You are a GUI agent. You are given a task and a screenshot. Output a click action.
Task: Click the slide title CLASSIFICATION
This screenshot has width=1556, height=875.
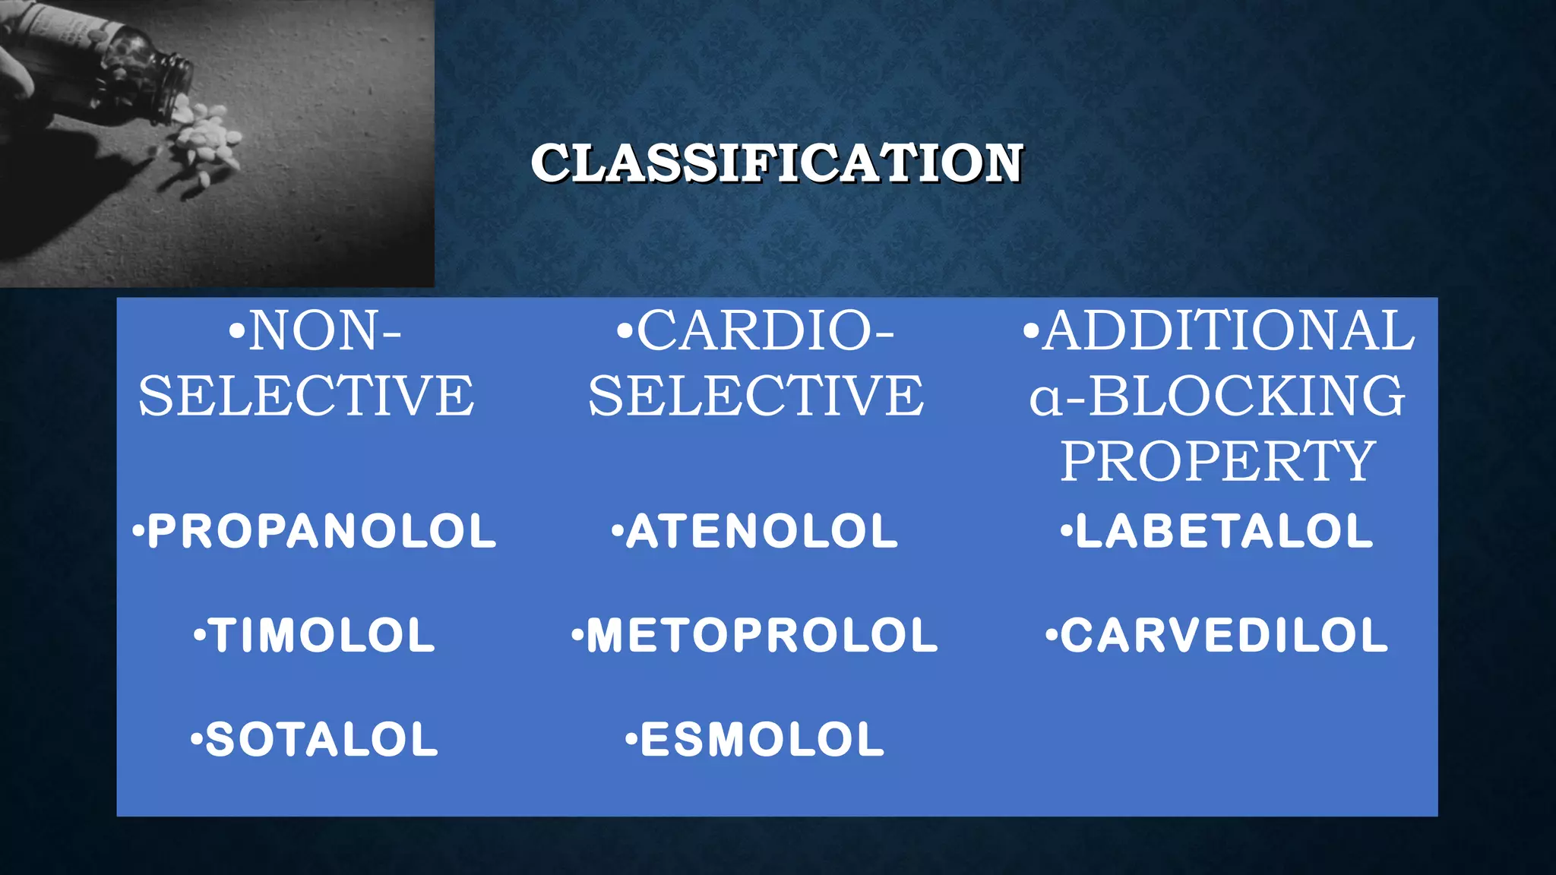pos(777,163)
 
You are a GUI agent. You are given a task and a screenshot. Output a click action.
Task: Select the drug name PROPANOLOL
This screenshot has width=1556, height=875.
pos(321,531)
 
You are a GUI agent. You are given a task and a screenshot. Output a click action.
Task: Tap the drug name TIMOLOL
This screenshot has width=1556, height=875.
pos(321,635)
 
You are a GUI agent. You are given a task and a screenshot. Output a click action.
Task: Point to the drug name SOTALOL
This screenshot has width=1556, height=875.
pos(321,739)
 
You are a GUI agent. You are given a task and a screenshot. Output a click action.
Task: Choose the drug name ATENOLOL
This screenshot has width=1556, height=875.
pos(761,531)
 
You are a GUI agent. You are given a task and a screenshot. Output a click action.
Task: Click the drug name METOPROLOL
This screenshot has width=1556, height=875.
pos(762,635)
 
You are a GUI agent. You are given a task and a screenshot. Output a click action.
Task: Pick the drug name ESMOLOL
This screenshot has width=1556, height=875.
pos(762,739)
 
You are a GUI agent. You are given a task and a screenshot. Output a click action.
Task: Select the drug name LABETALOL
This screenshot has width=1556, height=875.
pos(1224,531)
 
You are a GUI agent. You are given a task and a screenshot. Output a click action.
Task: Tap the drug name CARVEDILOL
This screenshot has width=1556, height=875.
pos(1224,635)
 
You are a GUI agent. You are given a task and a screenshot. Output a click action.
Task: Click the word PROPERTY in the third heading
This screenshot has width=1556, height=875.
pos(1218,461)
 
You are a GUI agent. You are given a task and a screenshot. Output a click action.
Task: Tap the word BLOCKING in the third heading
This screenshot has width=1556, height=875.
pos(1246,396)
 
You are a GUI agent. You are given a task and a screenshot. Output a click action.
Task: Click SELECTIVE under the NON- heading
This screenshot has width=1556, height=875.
pos(306,396)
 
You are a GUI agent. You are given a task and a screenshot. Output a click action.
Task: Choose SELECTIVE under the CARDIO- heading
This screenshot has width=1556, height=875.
pos(756,396)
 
